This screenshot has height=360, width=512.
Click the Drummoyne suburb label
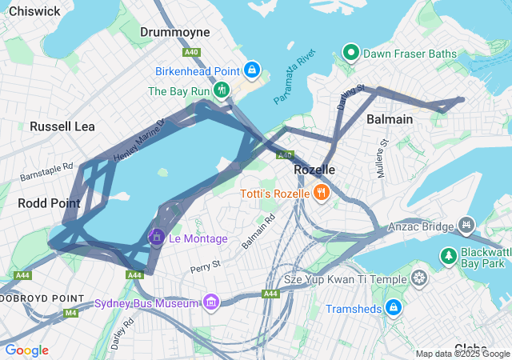174,32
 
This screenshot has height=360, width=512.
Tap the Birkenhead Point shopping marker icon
253,70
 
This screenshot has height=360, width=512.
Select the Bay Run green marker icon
221,90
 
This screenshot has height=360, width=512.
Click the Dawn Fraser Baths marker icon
350,54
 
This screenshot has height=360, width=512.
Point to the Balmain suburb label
390,119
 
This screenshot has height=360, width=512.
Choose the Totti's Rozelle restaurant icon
321,193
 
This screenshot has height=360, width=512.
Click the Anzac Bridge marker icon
463,226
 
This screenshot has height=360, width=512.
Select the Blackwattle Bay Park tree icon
448,257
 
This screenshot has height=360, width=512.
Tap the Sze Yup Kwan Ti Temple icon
419,279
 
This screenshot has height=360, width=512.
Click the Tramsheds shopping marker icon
393,308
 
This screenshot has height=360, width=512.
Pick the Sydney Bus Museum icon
210,302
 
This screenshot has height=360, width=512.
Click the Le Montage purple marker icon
157,238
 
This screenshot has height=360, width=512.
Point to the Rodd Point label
49,203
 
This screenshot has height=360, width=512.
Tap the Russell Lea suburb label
62,126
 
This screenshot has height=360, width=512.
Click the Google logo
26,350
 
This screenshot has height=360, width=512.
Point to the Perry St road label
206,265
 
